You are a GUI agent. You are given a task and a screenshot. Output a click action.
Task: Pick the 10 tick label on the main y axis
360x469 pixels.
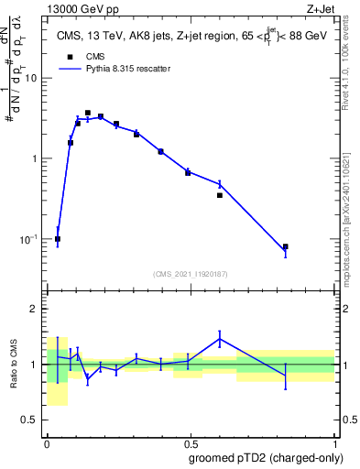pyautogui.click(x=30, y=78)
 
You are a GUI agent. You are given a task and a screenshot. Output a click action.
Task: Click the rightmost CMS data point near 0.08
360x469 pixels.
pyautogui.click(x=286, y=246)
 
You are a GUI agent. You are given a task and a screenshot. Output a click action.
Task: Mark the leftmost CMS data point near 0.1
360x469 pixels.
pyautogui.click(x=58, y=239)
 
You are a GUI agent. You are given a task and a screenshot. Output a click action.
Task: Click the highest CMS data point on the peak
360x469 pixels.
pyautogui.click(x=88, y=113)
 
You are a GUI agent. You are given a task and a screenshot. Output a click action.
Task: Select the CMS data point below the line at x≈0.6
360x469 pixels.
pyautogui.click(x=220, y=195)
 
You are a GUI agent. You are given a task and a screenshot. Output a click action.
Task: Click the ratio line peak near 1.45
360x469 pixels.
pyautogui.click(x=220, y=339)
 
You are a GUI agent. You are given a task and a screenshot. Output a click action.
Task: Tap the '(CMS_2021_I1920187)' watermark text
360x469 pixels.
pyautogui.click(x=191, y=273)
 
